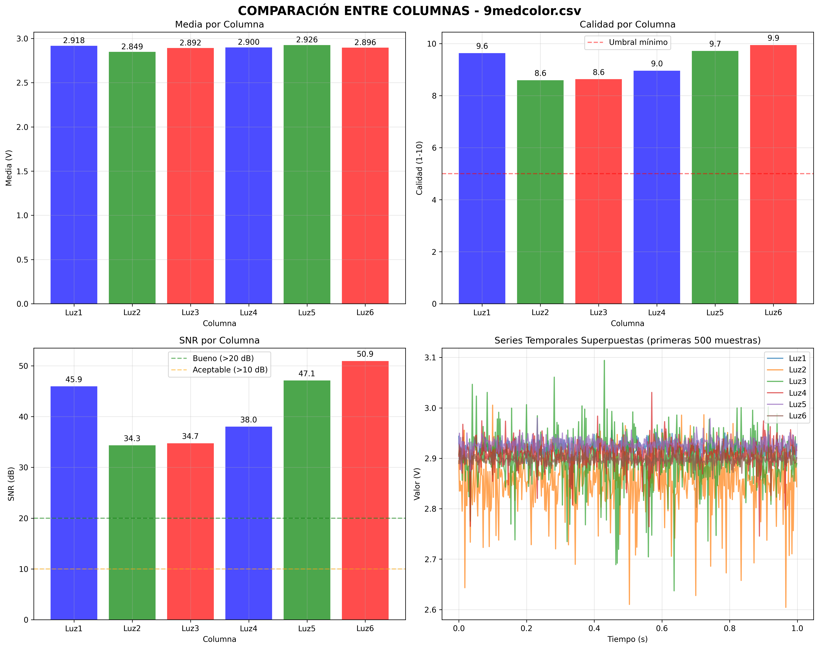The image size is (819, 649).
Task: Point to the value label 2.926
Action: [x=307, y=40]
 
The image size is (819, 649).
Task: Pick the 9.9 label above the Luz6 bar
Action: [x=773, y=38]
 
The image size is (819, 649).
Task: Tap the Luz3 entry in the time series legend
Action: [x=797, y=381]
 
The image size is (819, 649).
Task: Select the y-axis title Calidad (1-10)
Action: [x=419, y=168]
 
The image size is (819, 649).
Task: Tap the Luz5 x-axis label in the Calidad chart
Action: [x=715, y=313]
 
